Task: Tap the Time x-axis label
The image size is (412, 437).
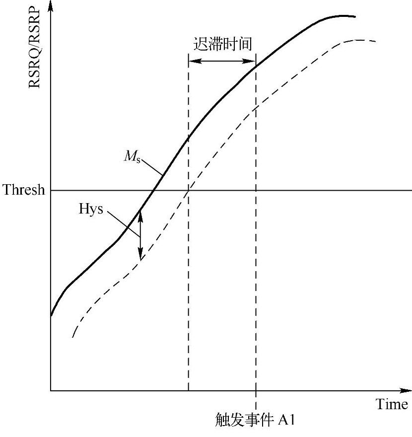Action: click(392, 405)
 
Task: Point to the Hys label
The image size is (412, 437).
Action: click(91, 209)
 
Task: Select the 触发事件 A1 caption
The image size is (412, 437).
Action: click(256, 420)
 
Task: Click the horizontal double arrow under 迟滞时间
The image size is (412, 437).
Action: click(222, 61)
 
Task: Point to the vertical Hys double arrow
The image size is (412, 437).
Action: click(140, 234)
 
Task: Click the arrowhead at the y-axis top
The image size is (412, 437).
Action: click(51, 6)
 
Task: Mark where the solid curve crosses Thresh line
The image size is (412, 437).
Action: click(154, 190)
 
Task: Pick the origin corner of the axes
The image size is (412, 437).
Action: click(51, 391)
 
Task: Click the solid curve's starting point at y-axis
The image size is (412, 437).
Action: click(51, 315)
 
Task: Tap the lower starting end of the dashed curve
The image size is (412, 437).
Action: click(73, 337)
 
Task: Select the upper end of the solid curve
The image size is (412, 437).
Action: click(355, 16)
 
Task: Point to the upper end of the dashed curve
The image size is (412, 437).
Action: click(376, 41)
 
